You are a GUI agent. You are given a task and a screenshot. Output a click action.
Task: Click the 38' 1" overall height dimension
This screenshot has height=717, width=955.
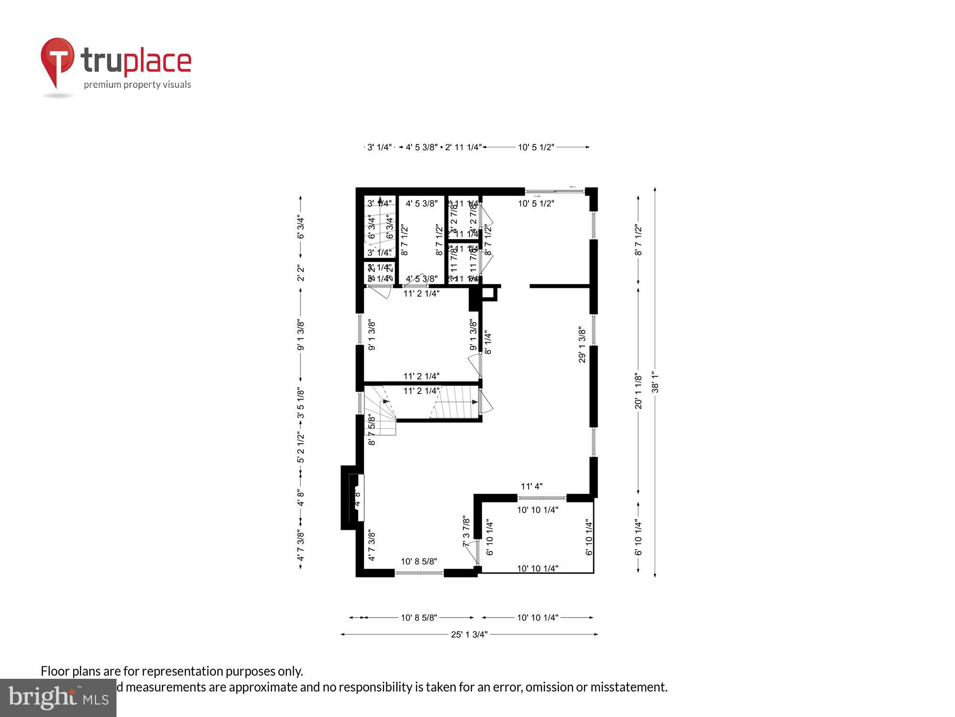pos(655,382)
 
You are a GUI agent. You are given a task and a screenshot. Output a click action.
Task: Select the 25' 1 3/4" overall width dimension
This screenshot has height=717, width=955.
pos(469,634)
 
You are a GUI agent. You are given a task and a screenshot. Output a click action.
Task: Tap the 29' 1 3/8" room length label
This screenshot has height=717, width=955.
pos(582,345)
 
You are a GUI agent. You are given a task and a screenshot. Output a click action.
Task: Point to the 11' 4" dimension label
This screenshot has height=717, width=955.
pos(531,487)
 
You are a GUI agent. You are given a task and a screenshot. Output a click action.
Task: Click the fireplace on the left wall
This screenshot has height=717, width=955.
pos(353,498)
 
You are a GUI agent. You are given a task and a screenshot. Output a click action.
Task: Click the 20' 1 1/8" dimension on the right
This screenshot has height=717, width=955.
pos(638,391)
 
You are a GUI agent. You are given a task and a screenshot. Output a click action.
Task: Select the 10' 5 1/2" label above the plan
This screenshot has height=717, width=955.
pos(536,147)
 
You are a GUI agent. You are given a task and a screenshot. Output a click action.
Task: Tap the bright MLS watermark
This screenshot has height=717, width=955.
pos(58,698)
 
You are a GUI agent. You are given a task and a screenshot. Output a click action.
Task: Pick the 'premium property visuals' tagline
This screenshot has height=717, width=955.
pos(138,85)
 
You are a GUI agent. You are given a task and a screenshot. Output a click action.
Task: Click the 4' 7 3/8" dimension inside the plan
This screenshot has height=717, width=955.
pos(372,545)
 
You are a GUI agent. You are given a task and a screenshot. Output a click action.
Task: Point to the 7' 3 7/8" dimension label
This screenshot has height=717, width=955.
pos(467,531)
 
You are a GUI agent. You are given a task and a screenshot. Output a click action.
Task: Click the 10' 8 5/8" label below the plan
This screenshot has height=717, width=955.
pos(419,618)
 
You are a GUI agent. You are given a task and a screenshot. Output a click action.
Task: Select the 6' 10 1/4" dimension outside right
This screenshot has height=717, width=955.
pos(638,537)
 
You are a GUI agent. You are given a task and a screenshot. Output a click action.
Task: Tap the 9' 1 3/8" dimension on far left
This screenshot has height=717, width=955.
pos(301,335)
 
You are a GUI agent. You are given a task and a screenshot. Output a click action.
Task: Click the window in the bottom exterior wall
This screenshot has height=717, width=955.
pos(419,573)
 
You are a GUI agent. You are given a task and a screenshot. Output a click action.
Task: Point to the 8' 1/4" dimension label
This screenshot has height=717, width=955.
pos(488,343)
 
